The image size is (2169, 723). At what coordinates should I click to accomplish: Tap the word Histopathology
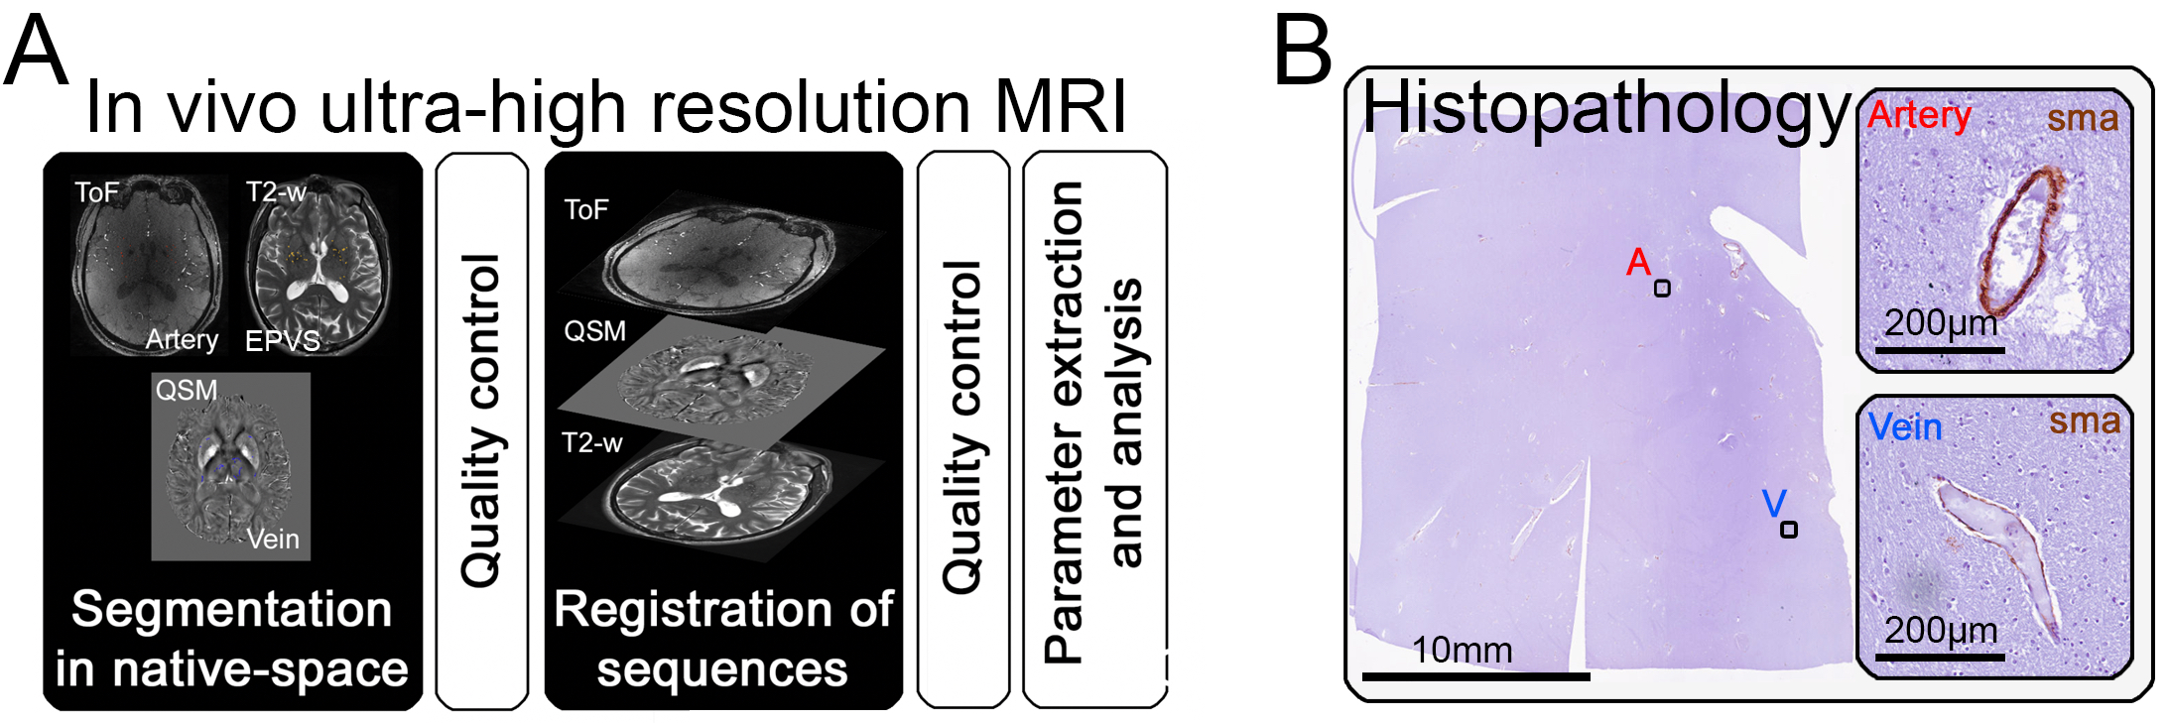point(1604,108)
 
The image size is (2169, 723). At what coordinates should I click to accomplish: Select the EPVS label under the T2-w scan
point(283,341)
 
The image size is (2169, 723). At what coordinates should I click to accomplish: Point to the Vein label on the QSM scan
point(273,539)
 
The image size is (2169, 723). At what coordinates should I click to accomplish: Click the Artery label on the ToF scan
point(182,340)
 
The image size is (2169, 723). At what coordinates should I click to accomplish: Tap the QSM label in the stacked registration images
point(594,330)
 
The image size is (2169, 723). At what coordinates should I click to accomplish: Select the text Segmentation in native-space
point(231,638)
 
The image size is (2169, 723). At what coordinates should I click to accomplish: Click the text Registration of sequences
point(723,638)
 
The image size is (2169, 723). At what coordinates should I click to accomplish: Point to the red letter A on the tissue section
point(1638,263)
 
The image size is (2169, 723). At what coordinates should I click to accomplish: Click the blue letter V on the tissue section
point(1774,503)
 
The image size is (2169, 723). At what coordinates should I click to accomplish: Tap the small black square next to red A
point(1662,289)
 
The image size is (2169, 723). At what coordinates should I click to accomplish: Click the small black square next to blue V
point(1788,530)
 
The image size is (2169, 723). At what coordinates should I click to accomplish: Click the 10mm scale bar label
point(1462,651)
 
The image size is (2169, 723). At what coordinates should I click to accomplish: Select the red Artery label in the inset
point(1919,116)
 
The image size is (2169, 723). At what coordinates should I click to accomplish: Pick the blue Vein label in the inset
point(1904,427)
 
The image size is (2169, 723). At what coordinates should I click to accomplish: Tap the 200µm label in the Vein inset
point(1940,630)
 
